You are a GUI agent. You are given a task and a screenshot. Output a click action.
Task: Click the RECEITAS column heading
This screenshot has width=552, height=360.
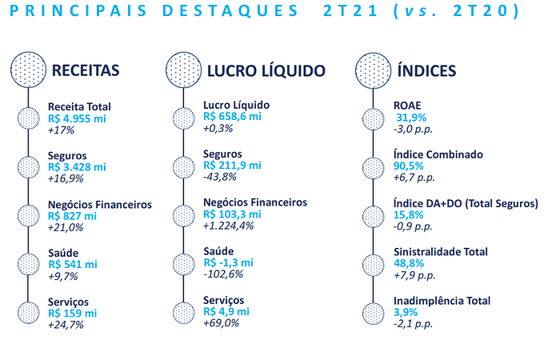86,70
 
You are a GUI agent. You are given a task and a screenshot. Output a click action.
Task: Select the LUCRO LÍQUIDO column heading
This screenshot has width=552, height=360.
266,70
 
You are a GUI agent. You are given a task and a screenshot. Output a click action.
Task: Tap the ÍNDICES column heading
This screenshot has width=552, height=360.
426,70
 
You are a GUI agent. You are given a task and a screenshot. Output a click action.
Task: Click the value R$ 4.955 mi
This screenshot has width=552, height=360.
77,118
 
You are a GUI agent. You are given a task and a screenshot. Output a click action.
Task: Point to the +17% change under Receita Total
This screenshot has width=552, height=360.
61,130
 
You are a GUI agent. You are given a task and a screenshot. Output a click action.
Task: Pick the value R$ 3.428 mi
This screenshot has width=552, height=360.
77,167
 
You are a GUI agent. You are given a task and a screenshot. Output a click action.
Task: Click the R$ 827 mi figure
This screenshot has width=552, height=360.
72,216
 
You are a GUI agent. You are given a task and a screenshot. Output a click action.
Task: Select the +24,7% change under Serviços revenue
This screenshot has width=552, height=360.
66,325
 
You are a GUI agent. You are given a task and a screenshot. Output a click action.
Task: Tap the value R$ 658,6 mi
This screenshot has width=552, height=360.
232,117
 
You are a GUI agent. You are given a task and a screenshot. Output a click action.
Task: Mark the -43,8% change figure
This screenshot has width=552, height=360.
220,177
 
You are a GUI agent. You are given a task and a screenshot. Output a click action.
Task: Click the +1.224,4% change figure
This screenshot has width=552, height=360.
229,226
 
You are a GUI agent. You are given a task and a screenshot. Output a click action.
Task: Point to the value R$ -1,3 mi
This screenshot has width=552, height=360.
229,262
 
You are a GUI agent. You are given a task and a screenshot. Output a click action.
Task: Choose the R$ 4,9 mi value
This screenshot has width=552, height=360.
226,311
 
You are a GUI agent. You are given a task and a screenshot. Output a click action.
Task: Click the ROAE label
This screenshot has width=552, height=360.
407,106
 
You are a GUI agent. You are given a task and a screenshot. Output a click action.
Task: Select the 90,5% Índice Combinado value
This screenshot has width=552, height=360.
408,166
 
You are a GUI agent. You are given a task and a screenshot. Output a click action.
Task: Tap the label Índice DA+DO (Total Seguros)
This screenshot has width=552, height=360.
466,203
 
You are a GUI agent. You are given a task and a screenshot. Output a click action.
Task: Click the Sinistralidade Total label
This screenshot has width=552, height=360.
441,252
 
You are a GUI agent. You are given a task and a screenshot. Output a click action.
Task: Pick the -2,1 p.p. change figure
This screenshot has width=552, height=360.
413,323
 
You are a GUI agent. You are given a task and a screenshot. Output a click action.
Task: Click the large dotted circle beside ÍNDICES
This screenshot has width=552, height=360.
373,70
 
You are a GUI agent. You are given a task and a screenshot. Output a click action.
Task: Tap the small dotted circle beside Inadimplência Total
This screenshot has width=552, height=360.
373,313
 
